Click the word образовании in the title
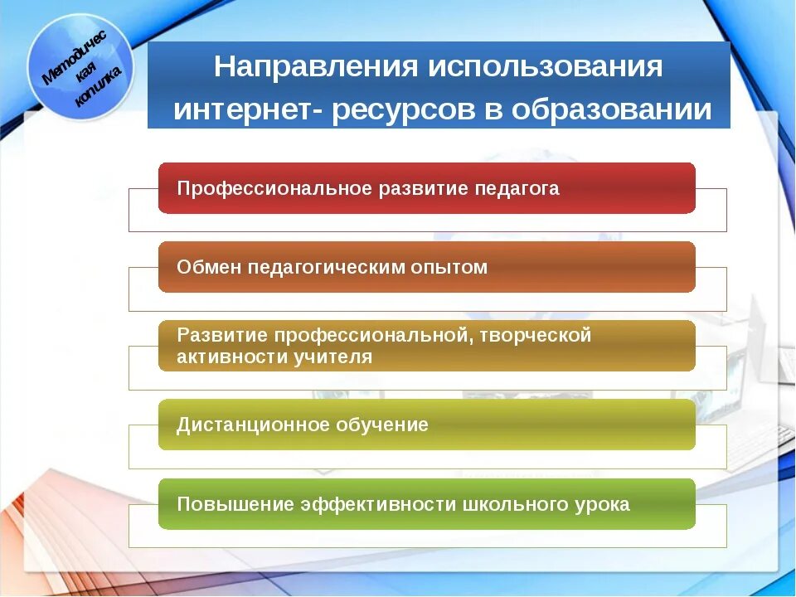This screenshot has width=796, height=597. [x=612, y=111]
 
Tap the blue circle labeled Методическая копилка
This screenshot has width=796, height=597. [x=80, y=66]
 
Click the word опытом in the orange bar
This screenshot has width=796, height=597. [x=451, y=268]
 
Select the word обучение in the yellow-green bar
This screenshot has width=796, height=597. [x=381, y=425]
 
